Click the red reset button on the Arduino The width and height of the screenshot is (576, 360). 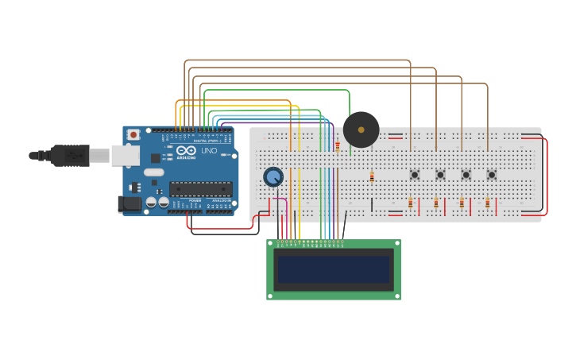pos(133,135)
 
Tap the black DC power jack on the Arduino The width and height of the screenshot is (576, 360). pos(130,204)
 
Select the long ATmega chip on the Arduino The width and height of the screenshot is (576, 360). pos(200,189)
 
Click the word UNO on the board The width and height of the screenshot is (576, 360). pos(209,151)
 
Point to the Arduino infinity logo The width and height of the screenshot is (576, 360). pos(186,151)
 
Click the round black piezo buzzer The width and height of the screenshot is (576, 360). pos(361,130)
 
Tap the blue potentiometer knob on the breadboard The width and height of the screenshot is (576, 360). pos(273,176)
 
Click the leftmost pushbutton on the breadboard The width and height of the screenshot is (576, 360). pos(415,175)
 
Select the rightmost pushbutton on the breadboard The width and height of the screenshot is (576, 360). pos(492,175)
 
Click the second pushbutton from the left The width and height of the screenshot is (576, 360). pos(440,175)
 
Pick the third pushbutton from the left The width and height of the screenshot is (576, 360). pos(466,175)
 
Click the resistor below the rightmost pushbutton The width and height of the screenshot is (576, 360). pos(487,203)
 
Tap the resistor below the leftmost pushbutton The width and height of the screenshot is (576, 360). pos(411,203)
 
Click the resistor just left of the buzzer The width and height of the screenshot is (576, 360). pos(338,146)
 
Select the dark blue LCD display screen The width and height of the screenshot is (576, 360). pos(334,269)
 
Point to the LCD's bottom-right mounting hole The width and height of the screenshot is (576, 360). pos(396,296)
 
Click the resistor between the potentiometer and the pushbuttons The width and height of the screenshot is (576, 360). pos(371,176)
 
